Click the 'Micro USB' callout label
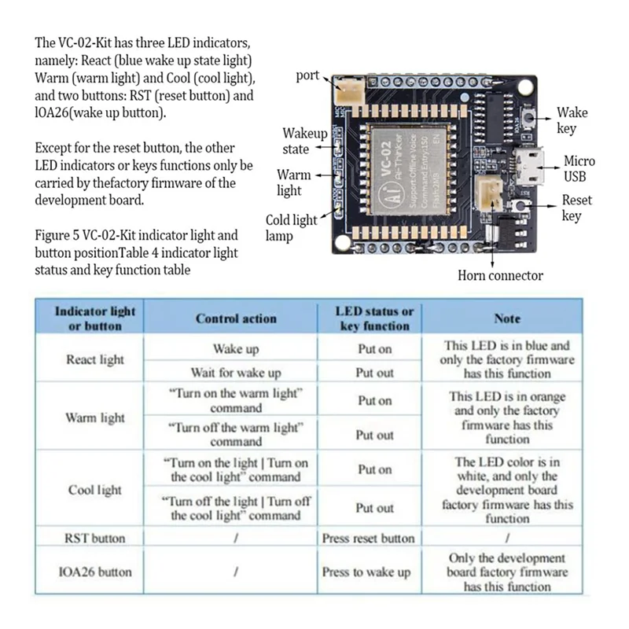(579, 168)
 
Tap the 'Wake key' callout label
(572, 120)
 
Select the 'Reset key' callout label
(576, 208)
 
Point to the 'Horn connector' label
(500, 275)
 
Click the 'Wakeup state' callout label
(305, 142)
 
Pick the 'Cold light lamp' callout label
(290, 228)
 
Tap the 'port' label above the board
(307, 76)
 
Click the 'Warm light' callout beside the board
(293, 182)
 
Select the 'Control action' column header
(236, 318)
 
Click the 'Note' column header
(507, 318)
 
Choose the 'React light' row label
(95, 359)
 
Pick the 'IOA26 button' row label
(95, 572)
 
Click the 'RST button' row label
(95, 539)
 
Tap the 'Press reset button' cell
(368, 539)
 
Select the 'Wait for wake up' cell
(236, 373)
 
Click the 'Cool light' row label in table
(95, 490)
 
